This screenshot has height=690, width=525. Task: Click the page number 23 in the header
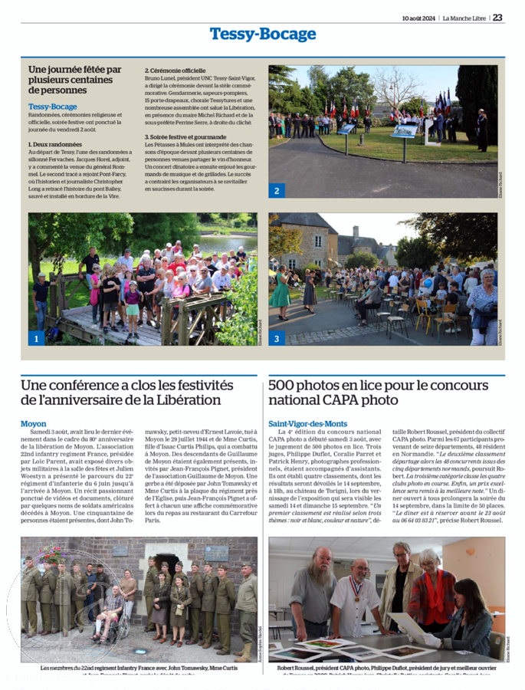pos(498,18)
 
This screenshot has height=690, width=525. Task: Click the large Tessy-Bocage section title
pos(263,34)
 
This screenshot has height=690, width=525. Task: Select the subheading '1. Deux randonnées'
pos(55,144)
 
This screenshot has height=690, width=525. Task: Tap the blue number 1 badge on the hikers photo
pos(36,338)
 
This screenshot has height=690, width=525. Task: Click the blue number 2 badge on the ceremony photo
pos(276,190)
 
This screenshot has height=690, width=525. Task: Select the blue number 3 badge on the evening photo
pos(276,338)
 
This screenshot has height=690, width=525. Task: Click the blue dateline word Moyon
pos(34,424)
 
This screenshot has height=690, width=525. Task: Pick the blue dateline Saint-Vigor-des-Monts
pos(307,424)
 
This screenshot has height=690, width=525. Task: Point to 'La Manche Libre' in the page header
pos(464,18)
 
